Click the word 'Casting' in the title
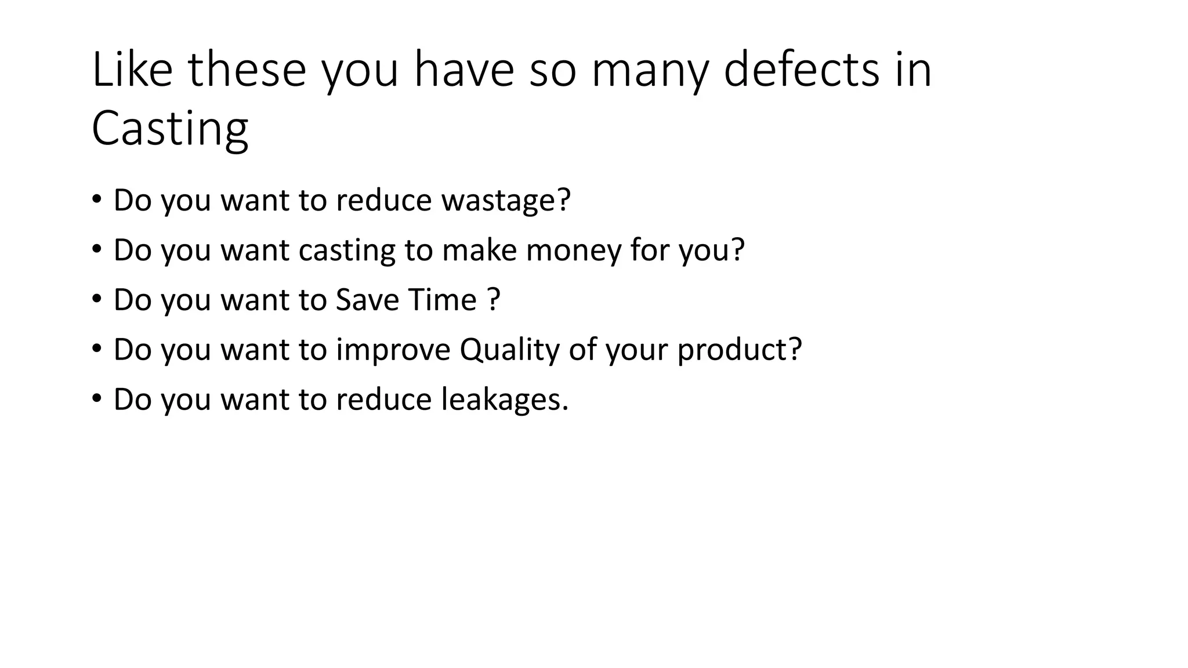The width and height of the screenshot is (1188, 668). point(170,129)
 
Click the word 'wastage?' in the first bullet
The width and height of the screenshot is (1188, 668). point(506,200)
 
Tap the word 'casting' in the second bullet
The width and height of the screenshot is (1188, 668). point(346,250)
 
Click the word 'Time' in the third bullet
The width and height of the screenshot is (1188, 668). point(442,300)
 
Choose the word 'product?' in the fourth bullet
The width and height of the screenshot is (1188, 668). point(739,350)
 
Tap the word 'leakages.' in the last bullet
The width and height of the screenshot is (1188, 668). point(505,400)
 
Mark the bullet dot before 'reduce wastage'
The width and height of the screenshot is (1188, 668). point(96,200)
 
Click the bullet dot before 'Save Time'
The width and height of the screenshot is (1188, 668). point(96,300)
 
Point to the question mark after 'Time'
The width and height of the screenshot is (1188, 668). point(494,300)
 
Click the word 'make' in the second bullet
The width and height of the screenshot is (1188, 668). point(479,250)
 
